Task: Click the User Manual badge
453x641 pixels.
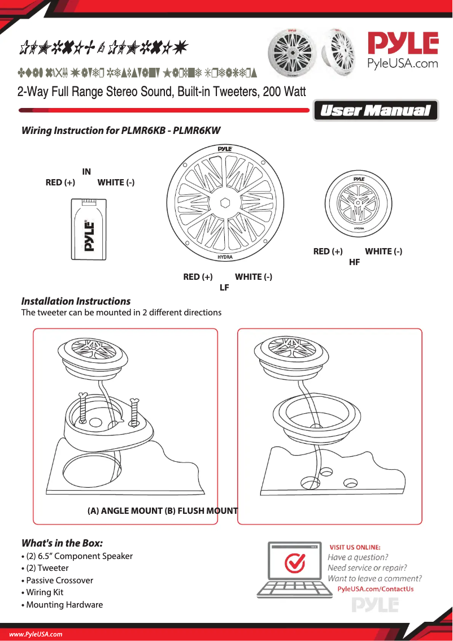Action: pos(376,111)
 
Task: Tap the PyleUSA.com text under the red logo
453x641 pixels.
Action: pos(403,63)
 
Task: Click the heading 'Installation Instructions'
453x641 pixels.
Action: pos(76,301)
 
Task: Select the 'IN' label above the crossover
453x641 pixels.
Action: pos(86,171)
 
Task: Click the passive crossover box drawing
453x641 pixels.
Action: pos(90,231)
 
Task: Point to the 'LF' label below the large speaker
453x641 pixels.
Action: pos(224,288)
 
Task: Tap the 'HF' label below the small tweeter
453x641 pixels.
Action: pos(354,262)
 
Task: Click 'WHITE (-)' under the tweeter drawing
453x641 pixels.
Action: pos(384,251)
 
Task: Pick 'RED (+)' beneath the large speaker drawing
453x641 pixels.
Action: pos(198,276)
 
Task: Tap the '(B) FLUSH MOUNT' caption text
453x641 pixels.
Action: pos(201,511)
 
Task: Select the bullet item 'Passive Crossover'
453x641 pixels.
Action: pos(59,580)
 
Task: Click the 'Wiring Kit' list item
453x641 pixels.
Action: pos(45,592)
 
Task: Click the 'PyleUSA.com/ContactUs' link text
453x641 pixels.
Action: pos(375,589)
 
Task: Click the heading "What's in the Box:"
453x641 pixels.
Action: pos(62,543)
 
